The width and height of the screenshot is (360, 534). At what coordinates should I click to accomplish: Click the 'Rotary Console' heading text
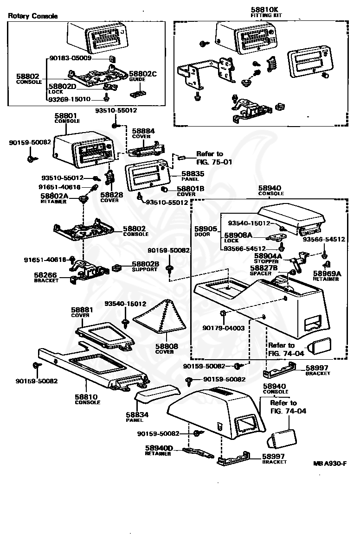click(x=33, y=16)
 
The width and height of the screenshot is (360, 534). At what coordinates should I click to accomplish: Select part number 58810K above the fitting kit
click(x=264, y=10)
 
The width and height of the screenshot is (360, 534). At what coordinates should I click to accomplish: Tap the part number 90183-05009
click(x=70, y=58)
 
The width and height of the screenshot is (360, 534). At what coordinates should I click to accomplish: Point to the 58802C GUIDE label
click(x=143, y=76)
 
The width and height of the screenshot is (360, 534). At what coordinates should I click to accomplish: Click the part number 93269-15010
click(x=70, y=99)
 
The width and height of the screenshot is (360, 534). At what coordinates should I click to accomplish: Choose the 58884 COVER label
click(x=143, y=133)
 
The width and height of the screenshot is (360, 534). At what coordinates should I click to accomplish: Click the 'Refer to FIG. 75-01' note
click(x=214, y=158)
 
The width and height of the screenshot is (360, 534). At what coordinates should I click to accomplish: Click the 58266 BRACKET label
click(x=46, y=278)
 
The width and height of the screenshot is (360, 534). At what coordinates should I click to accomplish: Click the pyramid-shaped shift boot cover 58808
click(x=161, y=316)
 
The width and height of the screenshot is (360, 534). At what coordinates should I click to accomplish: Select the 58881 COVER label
click(x=82, y=312)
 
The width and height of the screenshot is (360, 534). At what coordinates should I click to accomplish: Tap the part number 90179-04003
click(x=224, y=328)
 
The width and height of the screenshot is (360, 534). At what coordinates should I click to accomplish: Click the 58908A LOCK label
click(x=238, y=237)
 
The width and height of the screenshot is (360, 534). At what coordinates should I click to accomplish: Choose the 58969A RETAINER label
click(x=327, y=276)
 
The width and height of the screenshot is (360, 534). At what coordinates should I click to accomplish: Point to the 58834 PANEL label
click(x=137, y=417)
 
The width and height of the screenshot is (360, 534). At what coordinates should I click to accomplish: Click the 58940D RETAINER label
click(x=159, y=451)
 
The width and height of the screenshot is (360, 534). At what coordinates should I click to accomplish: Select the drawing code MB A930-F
click(x=330, y=463)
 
